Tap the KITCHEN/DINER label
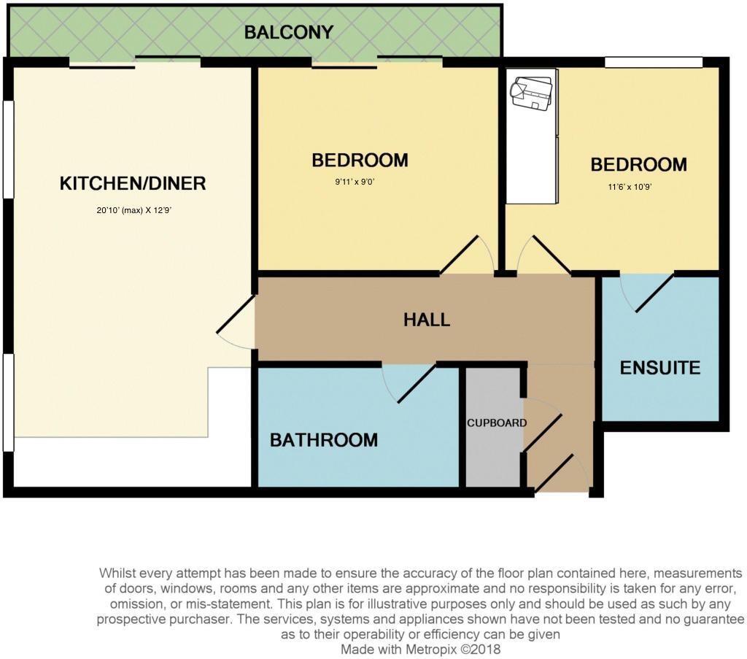133,183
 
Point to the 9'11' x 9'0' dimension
355,182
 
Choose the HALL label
427,320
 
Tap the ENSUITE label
659,368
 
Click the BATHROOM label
324,440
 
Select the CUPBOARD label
496,423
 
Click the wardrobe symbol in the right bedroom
531,136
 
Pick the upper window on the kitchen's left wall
9,149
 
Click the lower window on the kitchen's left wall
9,403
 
